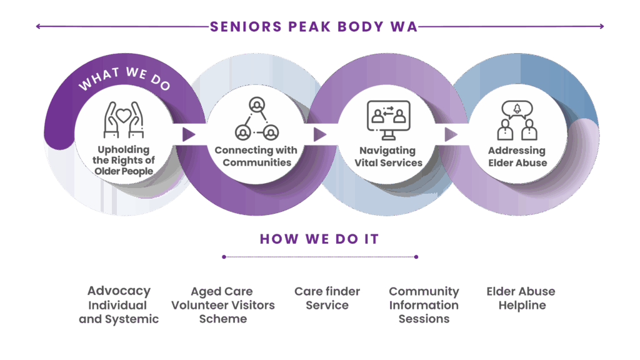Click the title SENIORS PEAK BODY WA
coord(314,27)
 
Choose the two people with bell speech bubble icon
coord(517,120)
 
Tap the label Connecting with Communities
coord(256,156)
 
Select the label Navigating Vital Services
coord(388,156)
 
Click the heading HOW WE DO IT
coord(319,239)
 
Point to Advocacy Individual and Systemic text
coord(119,305)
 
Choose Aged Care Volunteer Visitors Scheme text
coord(222,305)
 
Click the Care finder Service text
coord(327,298)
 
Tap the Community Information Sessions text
coord(424,305)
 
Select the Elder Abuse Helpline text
coord(521,298)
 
